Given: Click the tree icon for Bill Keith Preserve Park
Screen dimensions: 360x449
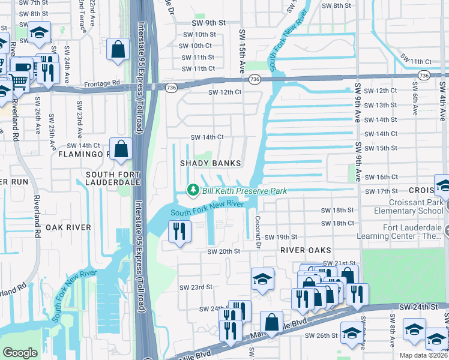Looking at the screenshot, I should coord(193,190).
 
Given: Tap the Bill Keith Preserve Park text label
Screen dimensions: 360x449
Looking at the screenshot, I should coord(244,191).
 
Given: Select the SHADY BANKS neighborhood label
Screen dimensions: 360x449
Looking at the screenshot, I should coord(211,163).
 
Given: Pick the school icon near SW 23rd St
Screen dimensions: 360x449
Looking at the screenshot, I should coord(262,280).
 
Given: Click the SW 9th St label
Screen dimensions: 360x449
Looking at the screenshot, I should coord(208,22).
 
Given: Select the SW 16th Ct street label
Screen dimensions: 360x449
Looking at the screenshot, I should coord(381,177).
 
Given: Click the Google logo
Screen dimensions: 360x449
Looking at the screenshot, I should coord(20,353).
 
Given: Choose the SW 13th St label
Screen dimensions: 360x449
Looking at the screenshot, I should coord(381,105).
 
